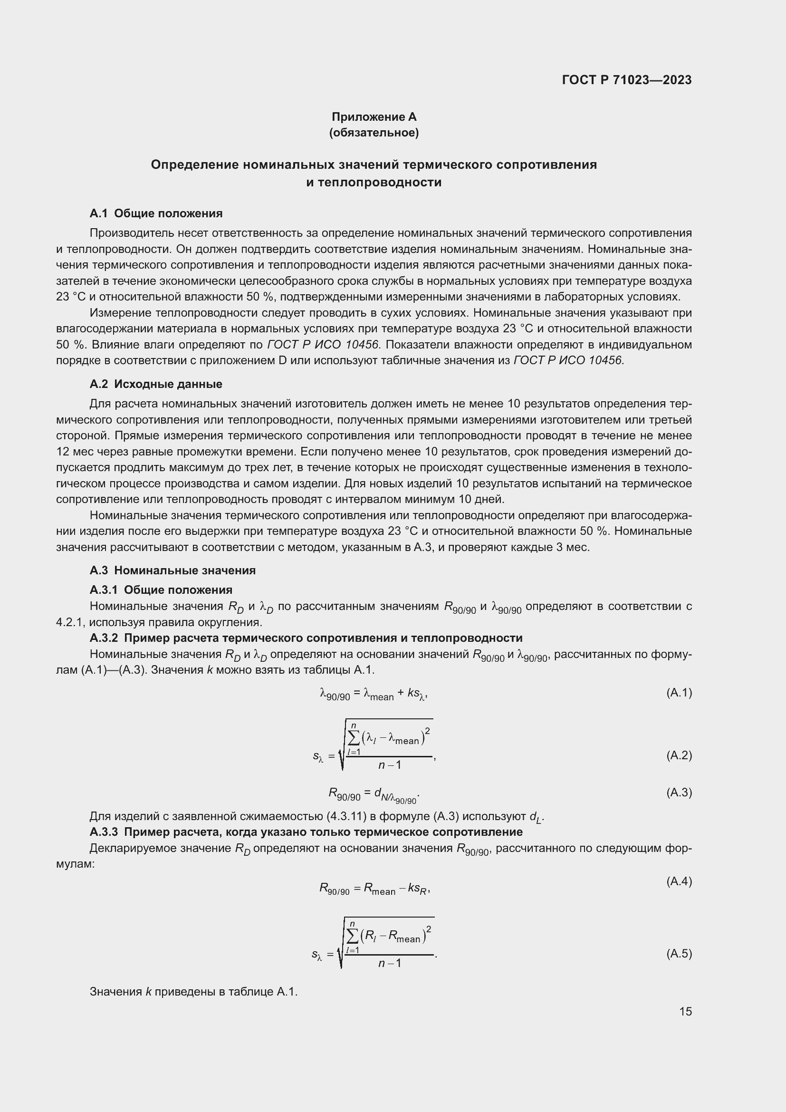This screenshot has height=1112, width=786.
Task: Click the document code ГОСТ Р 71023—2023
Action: point(627,80)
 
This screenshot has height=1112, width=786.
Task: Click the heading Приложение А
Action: point(374,117)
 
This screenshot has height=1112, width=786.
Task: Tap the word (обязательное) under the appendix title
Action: point(374,133)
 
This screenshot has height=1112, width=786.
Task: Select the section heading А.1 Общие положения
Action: point(156,213)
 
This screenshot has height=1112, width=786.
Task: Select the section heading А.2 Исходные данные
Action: point(156,384)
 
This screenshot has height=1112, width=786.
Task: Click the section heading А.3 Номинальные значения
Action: point(173,570)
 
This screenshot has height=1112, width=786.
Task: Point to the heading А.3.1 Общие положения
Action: point(161,590)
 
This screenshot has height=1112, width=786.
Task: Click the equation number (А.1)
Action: point(679,693)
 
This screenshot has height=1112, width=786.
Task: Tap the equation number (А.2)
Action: point(679,755)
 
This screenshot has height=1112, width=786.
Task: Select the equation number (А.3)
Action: point(679,793)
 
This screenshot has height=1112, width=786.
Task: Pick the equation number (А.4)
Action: point(679,881)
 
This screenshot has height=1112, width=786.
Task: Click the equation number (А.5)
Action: point(679,954)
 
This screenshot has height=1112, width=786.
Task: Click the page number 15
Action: point(685,1011)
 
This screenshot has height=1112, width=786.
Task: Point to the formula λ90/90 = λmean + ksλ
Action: point(374,694)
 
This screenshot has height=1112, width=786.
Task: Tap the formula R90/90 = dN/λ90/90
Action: point(374,794)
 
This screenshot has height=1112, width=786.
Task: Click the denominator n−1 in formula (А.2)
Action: point(390,765)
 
